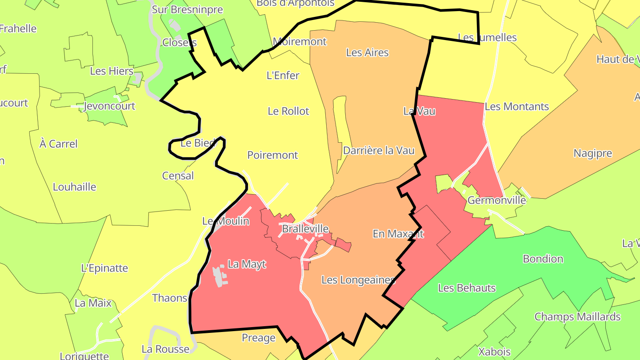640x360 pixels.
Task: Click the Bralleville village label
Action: [305, 229]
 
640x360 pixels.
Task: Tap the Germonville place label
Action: [496, 200]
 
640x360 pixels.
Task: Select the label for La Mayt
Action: [247, 264]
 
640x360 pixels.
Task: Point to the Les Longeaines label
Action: [358, 280]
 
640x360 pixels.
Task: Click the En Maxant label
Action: [398, 234]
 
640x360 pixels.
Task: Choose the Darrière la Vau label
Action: [379, 151]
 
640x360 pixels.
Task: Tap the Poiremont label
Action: [272, 155]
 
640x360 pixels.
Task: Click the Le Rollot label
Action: [288, 111]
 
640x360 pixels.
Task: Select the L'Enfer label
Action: [283, 76]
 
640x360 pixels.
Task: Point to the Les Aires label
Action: [367, 52]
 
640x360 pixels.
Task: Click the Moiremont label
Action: [300, 42]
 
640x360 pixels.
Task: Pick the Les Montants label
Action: [516, 107]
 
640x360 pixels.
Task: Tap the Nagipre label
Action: [592, 154]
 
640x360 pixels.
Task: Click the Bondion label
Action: [543, 259]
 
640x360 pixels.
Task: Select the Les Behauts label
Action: [467, 288]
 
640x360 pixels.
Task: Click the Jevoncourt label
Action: [109, 106]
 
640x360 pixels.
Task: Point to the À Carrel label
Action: [58, 144]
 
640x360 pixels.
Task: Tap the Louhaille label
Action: [74, 187]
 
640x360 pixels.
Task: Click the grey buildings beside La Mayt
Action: [219, 276]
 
